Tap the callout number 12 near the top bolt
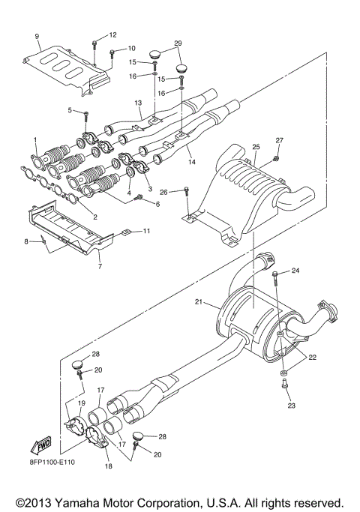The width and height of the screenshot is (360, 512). coord(112,35)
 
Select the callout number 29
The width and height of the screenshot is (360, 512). coord(177,44)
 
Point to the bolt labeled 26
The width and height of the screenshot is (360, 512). coord(187,193)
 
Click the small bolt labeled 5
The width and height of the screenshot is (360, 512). coord(87,113)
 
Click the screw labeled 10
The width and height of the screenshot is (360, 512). coord(112,52)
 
